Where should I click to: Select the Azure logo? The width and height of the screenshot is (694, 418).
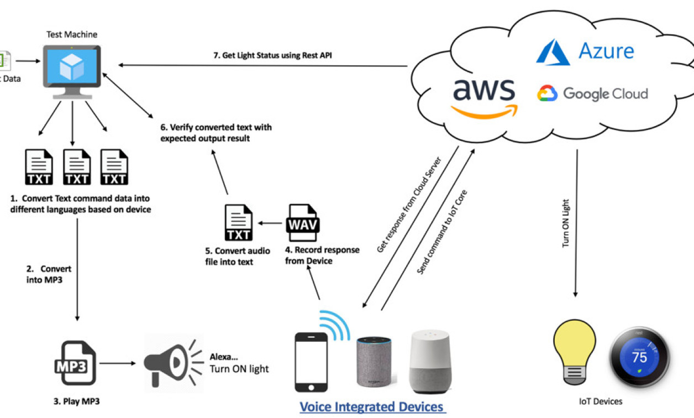tap(586, 51)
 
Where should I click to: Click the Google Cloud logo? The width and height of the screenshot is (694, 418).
tap(592, 94)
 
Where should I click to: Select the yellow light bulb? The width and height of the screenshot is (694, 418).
tap(575, 352)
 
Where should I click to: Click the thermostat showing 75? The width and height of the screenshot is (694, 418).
tap(639, 357)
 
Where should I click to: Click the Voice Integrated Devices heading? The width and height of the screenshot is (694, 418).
tap(372, 407)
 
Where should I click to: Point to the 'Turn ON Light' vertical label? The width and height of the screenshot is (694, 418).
tap(566, 232)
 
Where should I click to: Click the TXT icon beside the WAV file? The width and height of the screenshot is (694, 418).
tap(239, 223)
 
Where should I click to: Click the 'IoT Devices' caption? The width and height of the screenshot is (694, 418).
tap(600, 401)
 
